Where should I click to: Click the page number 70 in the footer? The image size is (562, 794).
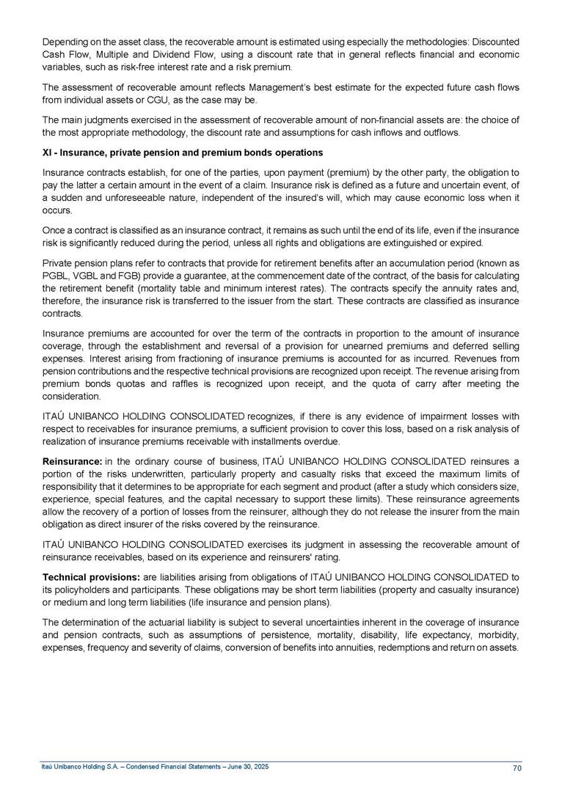(x=517, y=768)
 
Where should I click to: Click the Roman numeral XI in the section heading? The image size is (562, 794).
(x=46, y=152)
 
